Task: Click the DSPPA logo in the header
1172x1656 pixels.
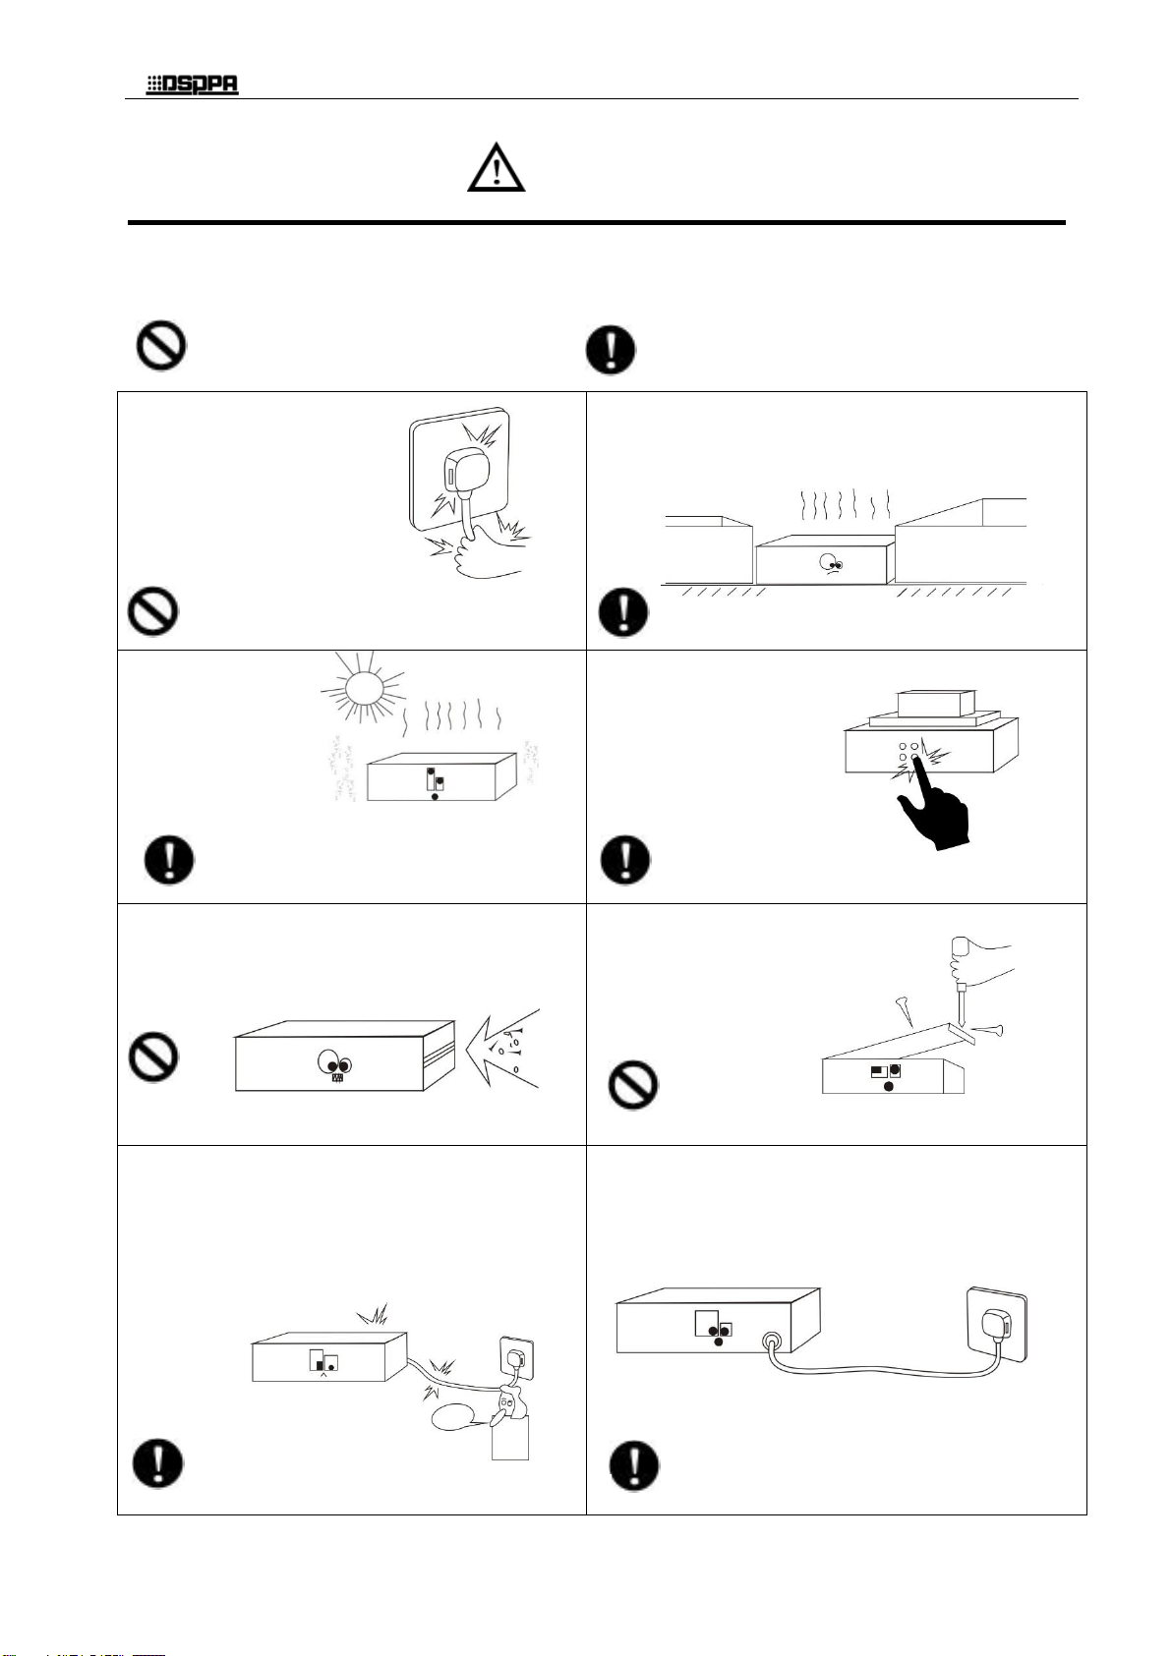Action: pos(193,86)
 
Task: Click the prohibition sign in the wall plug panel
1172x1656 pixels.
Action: pos(153,611)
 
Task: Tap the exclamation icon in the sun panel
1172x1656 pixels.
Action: pos(169,861)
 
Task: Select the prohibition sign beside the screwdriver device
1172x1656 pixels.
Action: pos(633,1087)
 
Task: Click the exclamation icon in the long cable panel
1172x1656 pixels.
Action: pos(634,1467)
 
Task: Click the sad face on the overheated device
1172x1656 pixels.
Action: pos(832,563)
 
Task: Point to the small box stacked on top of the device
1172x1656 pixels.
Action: pos(935,702)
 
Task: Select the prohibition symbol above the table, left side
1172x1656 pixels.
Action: pos(160,348)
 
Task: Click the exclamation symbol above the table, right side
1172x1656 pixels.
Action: pos(611,351)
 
